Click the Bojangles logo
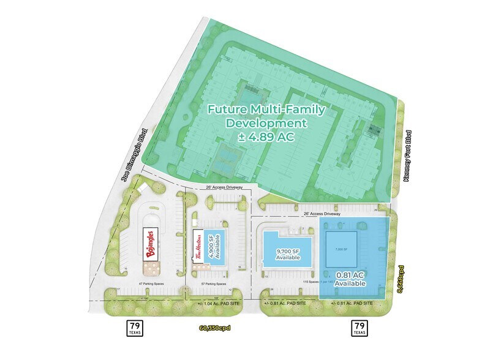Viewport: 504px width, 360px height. click(151, 244)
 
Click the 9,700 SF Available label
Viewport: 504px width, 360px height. click(287, 253)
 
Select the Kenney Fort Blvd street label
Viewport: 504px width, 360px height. click(406, 155)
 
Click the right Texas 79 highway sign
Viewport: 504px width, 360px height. click(359, 328)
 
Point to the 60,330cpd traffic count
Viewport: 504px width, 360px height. click(218, 328)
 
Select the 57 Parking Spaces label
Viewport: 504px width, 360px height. click(213, 284)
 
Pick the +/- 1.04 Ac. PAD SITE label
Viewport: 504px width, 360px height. click(219, 303)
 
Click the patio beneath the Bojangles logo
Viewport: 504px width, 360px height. click(151, 268)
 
